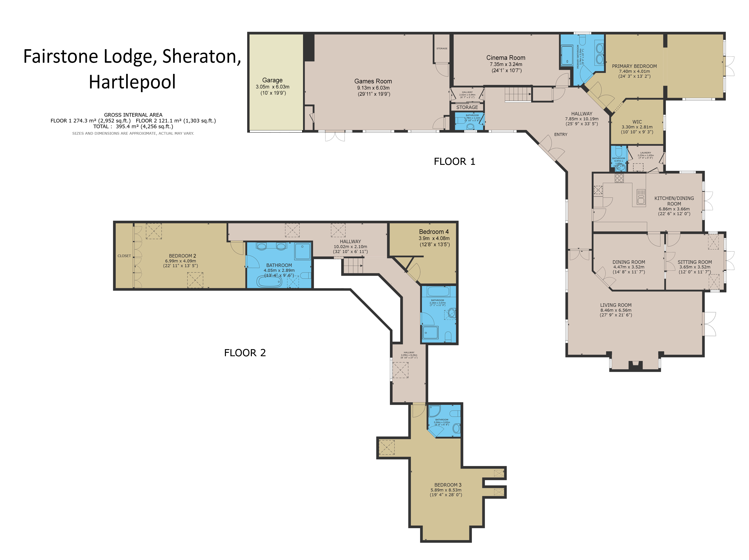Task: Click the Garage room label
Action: coord(272,80)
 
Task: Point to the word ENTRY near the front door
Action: coord(560,134)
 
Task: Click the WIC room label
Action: coord(637,122)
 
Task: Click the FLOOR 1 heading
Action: coord(454,162)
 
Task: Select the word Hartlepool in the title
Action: coord(132,82)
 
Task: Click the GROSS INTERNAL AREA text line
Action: coord(133,115)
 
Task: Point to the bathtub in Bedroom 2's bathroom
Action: coord(269,281)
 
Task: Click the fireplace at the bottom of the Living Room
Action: coord(635,365)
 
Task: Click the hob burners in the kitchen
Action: coord(619,178)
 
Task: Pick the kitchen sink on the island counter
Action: coord(641,197)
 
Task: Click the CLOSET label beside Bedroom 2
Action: coord(124,256)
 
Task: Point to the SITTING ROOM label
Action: coord(694,262)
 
